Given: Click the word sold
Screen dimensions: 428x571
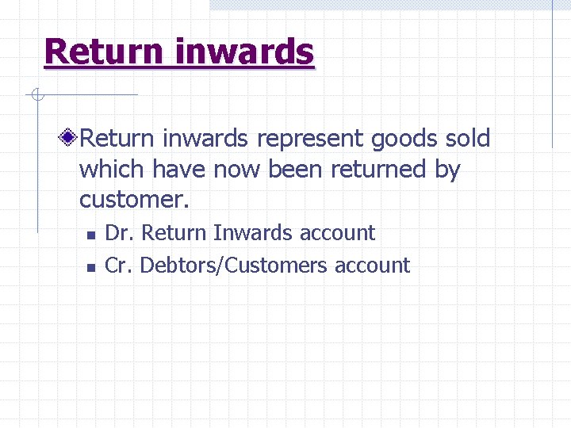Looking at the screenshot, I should tap(468, 138).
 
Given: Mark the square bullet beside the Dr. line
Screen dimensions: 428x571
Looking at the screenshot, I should tap(91, 235).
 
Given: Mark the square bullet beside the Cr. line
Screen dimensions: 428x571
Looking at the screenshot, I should tap(91, 267).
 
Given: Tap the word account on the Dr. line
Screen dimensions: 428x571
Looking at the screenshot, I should tap(337, 233).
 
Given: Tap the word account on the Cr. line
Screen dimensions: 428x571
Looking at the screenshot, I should tap(372, 265).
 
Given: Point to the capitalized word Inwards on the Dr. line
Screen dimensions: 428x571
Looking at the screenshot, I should tap(256, 233).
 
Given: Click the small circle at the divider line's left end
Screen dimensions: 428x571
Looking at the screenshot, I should tap(36, 95).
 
